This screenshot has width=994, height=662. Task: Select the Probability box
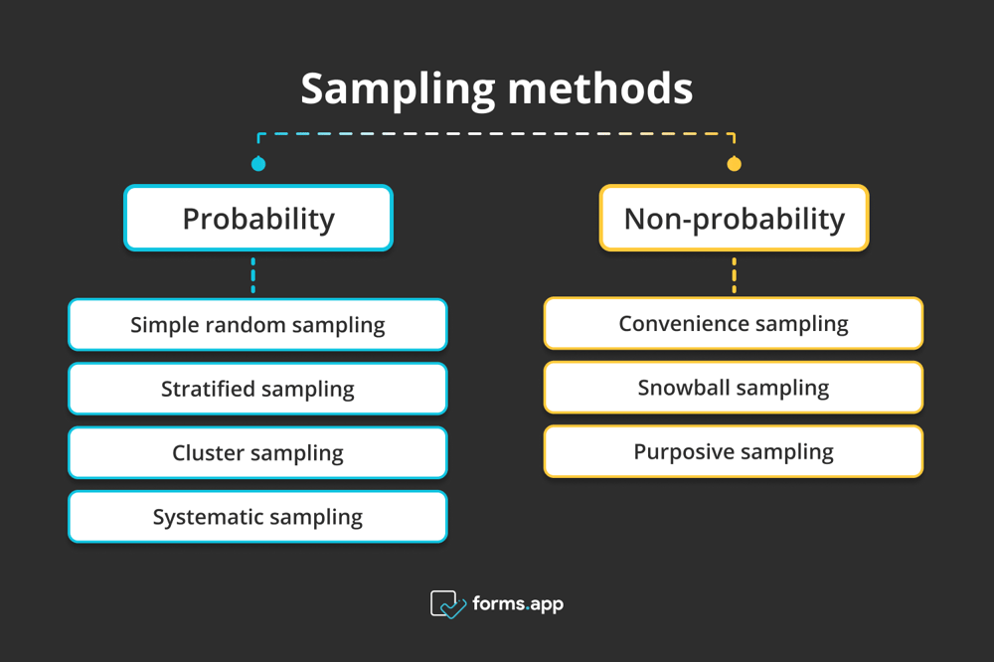(x=257, y=218)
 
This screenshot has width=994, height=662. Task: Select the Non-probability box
(x=734, y=218)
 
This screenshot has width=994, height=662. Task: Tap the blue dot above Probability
(x=257, y=164)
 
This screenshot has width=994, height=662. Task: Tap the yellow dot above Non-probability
(x=734, y=164)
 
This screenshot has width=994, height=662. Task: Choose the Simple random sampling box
(x=257, y=325)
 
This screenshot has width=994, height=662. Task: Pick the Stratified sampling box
(x=257, y=389)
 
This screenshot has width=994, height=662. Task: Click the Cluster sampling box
(x=257, y=453)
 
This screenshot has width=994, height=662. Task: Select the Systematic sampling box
(x=257, y=517)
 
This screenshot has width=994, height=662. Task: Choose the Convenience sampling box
(x=734, y=323)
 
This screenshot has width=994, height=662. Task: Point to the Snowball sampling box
(x=734, y=388)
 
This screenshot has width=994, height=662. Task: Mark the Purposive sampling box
(x=734, y=451)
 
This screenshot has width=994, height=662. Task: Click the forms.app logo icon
(x=447, y=604)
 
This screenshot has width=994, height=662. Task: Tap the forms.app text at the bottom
(x=518, y=603)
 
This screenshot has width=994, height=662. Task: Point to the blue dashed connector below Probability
(x=253, y=275)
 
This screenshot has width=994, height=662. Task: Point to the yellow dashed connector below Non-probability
(x=734, y=274)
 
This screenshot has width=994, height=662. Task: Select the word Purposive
(x=681, y=451)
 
